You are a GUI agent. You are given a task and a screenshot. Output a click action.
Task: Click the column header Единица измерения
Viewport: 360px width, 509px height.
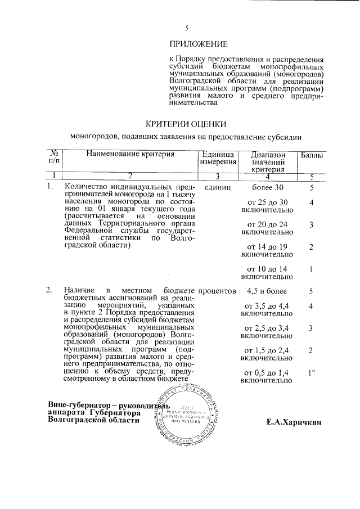215,158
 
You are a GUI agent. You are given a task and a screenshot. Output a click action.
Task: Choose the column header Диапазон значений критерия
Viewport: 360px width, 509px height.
268,162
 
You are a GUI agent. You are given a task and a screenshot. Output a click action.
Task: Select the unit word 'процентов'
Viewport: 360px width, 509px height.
217,291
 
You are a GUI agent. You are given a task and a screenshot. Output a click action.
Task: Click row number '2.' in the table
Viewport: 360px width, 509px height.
49,291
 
